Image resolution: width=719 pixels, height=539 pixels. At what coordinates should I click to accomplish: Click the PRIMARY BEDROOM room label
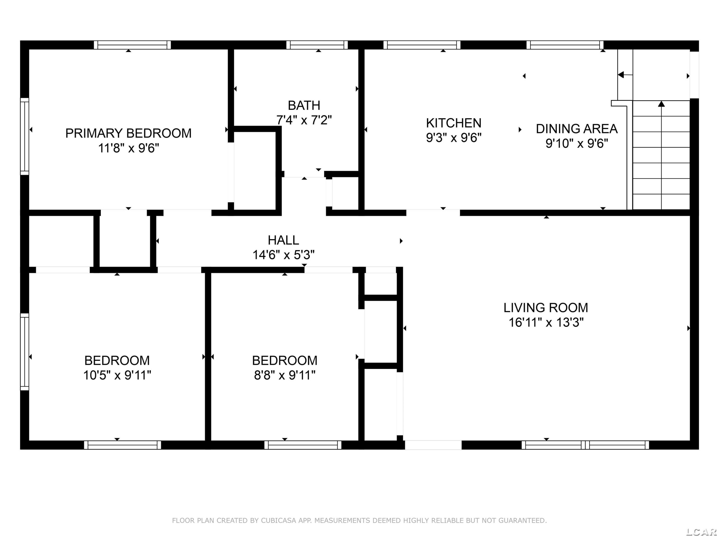click(128, 133)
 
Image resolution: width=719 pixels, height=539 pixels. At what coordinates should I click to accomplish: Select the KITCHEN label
click(453, 123)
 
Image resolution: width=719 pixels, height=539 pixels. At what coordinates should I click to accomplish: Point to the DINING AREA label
click(577, 129)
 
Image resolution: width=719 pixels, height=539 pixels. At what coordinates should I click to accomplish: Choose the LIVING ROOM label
click(546, 308)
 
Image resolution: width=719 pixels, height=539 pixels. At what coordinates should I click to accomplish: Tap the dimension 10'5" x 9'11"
click(117, 375)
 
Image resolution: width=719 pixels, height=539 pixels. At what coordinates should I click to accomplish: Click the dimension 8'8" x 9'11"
click(284, 375)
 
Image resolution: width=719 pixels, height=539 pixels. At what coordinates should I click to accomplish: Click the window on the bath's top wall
click(317, 45)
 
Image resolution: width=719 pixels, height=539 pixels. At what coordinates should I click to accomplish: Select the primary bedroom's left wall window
click(25, 137)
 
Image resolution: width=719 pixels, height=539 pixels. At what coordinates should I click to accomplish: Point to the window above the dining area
click(565, 45)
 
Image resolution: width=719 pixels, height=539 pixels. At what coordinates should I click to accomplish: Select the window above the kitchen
click(422, 45)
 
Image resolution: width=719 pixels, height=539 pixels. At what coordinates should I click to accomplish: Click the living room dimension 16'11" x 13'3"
click(546, 323)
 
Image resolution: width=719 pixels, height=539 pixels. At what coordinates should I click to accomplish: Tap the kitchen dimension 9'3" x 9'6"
click(453, 138)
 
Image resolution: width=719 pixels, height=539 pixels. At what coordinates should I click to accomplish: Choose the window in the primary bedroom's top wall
click(132, 45)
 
